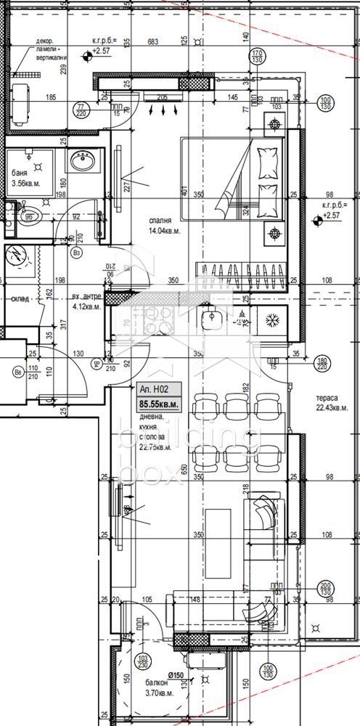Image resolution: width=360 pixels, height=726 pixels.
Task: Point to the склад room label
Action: tap(19, 298)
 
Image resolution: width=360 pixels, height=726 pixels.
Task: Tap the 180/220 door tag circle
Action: tap(323, 363)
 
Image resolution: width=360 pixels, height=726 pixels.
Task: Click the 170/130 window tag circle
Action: tap(256, 57)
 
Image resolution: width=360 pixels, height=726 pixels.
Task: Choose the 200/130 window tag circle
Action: tap(325, 591)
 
